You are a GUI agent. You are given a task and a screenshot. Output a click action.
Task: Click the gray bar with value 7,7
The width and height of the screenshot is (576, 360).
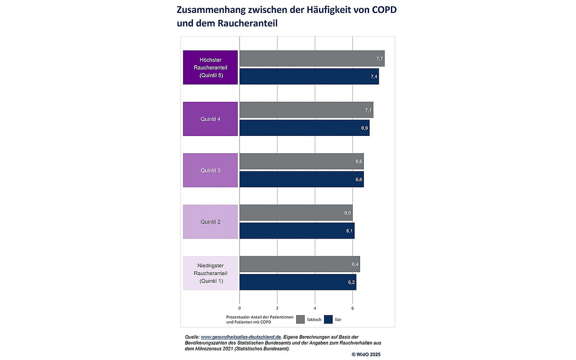coord(312,59)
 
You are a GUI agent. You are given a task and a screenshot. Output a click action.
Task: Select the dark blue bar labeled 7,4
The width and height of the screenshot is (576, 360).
coord(309,77)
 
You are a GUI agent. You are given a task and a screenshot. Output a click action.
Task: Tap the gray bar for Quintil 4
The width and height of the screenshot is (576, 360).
coord(306,110)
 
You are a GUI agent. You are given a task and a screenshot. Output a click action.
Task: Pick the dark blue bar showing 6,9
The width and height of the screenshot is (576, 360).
coord(304,128)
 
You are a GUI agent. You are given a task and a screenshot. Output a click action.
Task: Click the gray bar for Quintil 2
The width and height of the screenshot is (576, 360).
coord(296,213)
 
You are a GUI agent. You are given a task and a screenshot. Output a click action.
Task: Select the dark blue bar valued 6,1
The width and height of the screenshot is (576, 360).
coord(297,231)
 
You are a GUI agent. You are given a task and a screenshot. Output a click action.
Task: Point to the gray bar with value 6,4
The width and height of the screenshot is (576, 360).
coord(300,264)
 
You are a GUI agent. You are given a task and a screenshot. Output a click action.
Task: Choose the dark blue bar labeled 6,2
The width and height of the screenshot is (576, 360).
coord(298,282)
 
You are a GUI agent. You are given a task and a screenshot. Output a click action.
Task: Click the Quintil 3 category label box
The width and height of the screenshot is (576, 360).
coord(210,170)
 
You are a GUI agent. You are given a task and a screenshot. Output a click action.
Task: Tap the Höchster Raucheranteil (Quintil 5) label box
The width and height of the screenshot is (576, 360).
coord(210,67)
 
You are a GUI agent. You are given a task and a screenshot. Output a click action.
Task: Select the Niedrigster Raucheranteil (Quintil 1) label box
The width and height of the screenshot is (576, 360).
coord(210,273)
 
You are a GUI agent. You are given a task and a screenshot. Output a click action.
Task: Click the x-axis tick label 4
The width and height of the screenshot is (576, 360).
coord(315,308)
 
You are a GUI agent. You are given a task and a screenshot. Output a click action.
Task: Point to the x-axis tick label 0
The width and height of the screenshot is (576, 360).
coord(240,308)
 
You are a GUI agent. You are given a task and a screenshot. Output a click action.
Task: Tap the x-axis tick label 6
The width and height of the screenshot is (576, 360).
coord(352,308)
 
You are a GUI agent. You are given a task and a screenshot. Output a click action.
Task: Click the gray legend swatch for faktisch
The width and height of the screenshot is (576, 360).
coord(301,319)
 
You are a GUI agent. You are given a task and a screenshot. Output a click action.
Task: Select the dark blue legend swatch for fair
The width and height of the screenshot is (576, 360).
coord(329,319)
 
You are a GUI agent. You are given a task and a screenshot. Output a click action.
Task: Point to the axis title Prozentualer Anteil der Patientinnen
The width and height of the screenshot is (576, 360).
coord(260,317)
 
